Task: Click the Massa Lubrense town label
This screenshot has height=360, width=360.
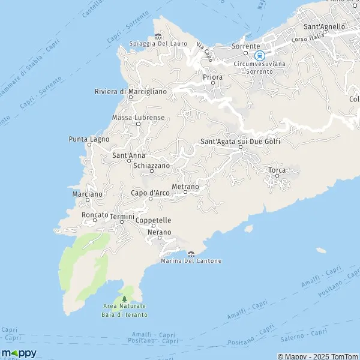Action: pyautogui.click(x=138, y=117)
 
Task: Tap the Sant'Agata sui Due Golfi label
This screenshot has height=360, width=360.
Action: pyautogui.click(x=239, y=142)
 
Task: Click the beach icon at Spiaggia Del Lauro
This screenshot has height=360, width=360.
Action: pyautogui.click(x=158, y=36)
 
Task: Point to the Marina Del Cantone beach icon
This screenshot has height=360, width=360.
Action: pyautogui.click(x=191, y=254)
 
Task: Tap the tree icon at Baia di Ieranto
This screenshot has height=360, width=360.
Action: pyautogui.click(x=124, y=299)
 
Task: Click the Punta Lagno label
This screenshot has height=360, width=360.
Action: pyautogui.click(x=89, y=139)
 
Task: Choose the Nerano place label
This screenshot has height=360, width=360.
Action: pyautogui.click(x=159, y=232)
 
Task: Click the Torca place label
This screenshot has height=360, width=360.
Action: pyautogui.click(x=277, y=170)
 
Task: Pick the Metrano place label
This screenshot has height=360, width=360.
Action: pyautogui.click(x=185, y=187)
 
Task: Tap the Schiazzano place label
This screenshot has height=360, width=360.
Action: pyautogui.click(x=152, y=165)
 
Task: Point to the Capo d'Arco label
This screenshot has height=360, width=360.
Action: pyautogui.click(x=150, y=193)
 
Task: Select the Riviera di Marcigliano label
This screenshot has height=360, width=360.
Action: pyautogui.click(x=130, y=91)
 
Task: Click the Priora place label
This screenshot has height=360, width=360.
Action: pyautogui.click(x=213, y=77)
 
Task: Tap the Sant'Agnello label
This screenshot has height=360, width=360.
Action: pyautogui.click(x=325, y=26)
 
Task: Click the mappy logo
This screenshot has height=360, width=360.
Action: pyautogui.click(x=19, y=353)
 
